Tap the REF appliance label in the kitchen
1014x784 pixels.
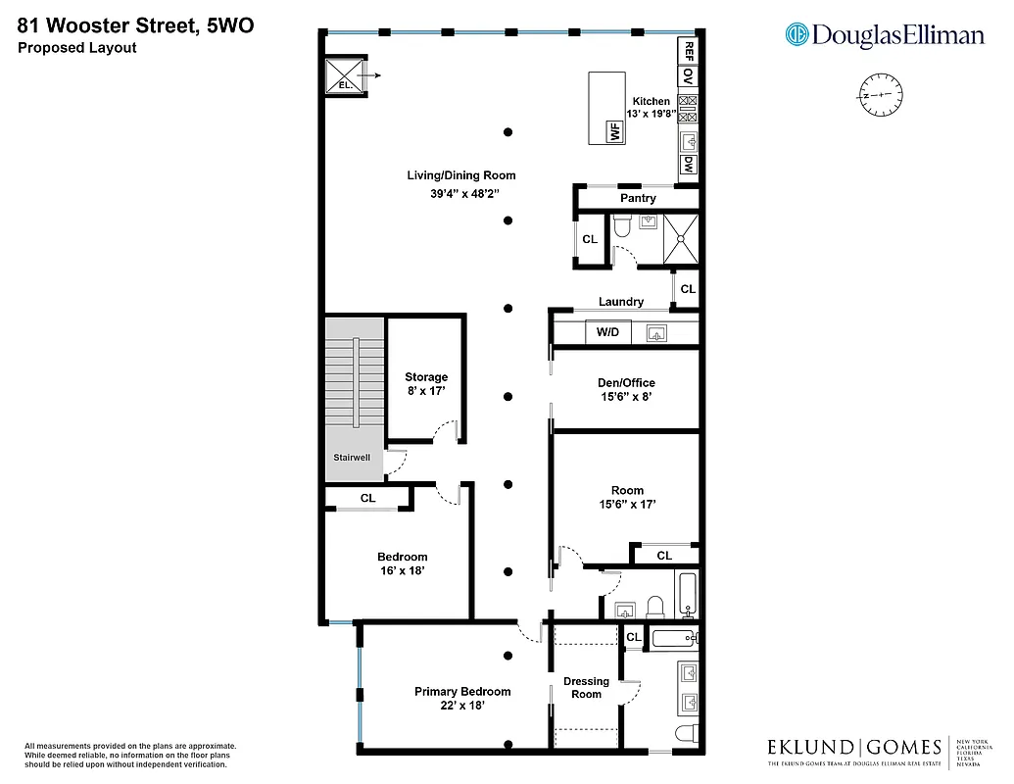[x=689, y=49]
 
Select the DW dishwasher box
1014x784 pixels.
[x=689, y=164]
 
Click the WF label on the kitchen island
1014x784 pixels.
[x=615, y=131]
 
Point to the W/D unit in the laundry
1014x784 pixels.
[x=607, y=332]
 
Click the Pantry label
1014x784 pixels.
[x=638, y=198]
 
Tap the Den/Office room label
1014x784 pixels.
[x=626, y=383]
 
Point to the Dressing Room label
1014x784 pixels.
[x=586, y=687]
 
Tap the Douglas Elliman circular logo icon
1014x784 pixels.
[x=797, y=35]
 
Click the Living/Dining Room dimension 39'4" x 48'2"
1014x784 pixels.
[x=460, y=194]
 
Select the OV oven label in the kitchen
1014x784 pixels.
[x=689, y=76]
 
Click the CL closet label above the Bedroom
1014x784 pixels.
[x=367, y=498]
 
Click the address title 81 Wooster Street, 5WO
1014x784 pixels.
[x=135, y=25]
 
